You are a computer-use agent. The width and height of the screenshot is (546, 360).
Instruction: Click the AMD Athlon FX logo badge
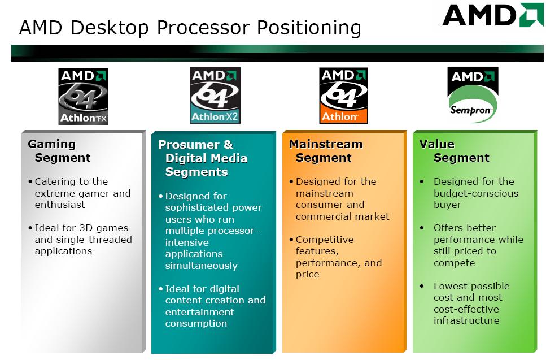pos(83,97)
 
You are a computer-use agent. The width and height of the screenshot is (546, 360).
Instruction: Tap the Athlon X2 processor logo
pos(215,96)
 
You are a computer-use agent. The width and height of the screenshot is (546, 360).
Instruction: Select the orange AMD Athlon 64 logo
pos(343,96)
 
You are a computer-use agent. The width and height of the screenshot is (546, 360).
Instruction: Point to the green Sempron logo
pos(473,95)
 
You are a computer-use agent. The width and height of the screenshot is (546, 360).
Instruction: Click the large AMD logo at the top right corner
pos(492,15)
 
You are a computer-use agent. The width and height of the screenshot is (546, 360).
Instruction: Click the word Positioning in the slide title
pos(309,28)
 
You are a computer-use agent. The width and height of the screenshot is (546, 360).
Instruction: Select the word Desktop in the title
pos(110,28)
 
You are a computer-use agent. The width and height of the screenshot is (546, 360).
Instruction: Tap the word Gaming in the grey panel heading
pos(52,144)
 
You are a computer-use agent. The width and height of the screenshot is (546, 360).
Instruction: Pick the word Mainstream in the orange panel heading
pos(326,144)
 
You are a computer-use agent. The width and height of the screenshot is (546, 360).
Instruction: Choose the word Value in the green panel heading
pos(436,144)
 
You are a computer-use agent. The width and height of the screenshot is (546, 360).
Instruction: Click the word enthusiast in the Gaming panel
pos(60,205)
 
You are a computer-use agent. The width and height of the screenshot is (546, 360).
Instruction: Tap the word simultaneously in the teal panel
pos(201,266)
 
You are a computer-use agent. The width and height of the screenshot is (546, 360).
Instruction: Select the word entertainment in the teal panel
pos(199,312)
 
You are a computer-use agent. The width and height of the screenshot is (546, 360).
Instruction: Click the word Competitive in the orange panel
pos(325,240)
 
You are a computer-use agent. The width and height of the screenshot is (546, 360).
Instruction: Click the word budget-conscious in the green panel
pos(476,193)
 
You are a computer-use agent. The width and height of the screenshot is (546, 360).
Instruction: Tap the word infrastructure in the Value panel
pos(466,320)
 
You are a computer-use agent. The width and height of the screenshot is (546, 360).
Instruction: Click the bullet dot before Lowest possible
pos(422,286)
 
